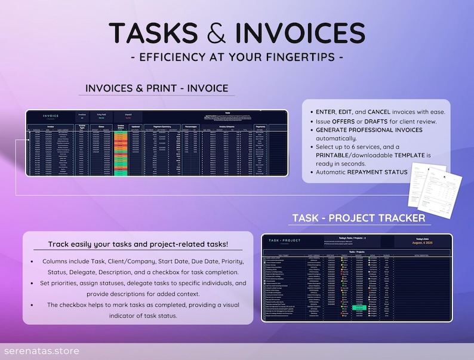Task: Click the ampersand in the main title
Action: [x=217, y=34]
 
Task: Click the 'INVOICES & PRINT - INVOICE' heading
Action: [x=157, y=88]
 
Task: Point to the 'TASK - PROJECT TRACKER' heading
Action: [x=359, y=219]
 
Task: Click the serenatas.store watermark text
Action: [x=40, y=351]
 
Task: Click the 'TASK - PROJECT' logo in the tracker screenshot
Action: [x=285, y=240]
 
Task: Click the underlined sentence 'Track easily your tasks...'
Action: [x=138, y=244]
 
